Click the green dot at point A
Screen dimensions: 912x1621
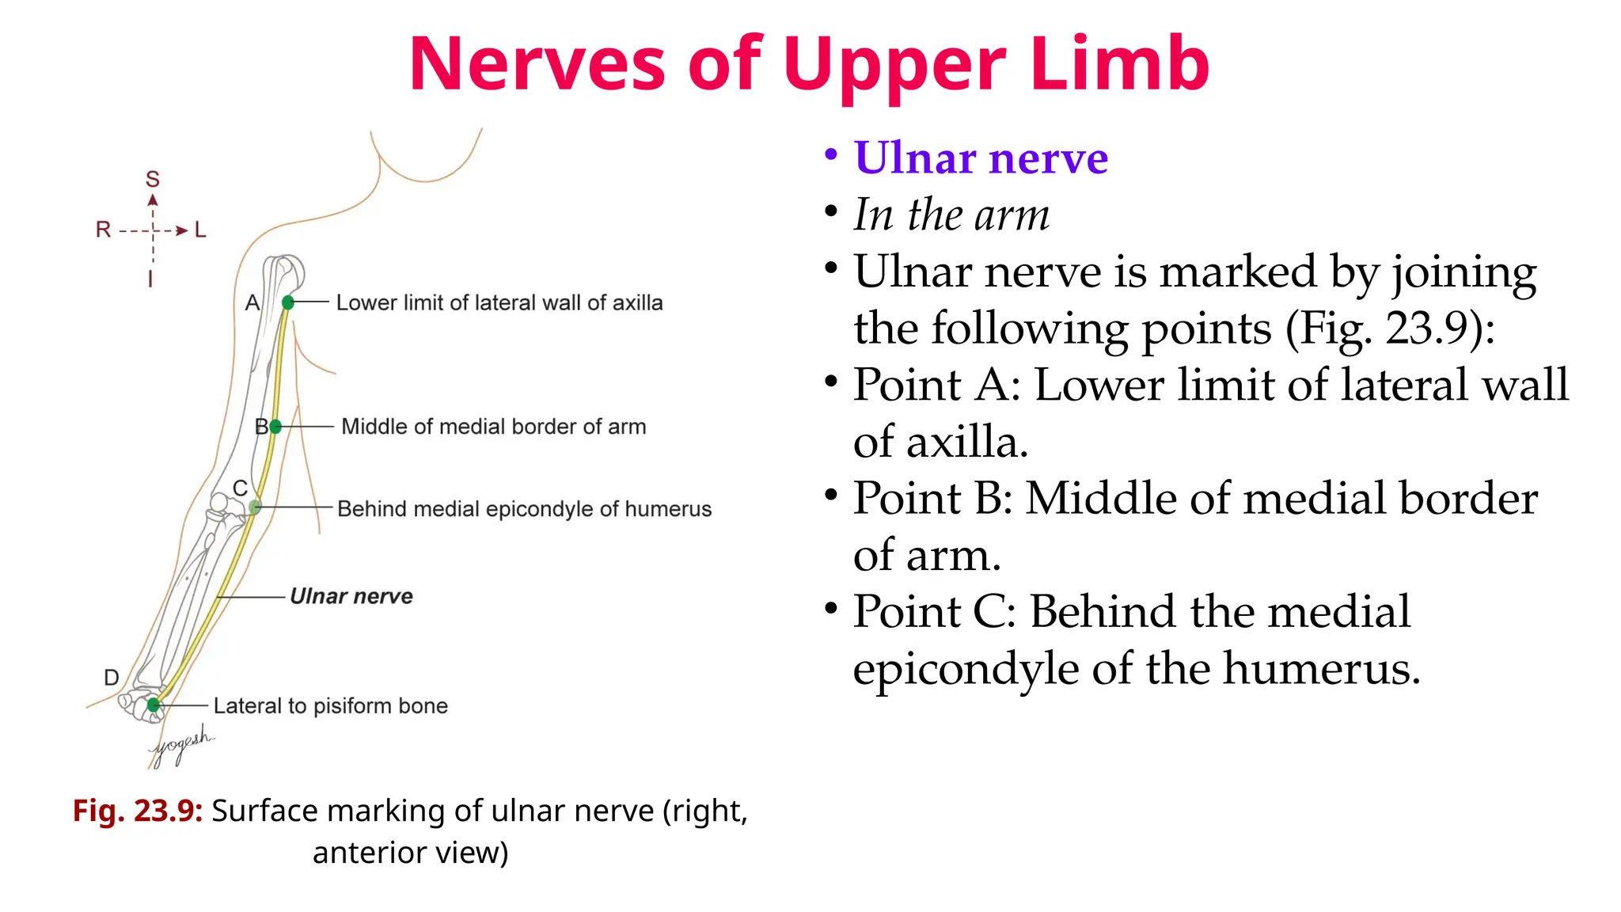(x=288, y=302)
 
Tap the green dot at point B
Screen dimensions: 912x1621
(x=275, y=427)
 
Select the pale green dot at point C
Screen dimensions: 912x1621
(x=254, y=507)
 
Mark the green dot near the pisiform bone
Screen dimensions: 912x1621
(x=154, y=705)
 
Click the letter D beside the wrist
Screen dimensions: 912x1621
(x=112, y=678)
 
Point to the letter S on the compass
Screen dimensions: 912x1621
(x=153, y=180)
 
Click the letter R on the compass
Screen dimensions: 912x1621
(x=103, y=230)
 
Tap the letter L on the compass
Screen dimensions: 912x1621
(x=200, y=230)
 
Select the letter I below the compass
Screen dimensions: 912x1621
(x=150, y=279)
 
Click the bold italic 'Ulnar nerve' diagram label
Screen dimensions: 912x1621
(x=351, y=596)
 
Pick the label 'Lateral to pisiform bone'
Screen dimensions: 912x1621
(x=331, y=705)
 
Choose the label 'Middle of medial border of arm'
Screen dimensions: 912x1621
(x=493, y=427)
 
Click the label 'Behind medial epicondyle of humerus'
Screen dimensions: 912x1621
(x=524, y=509)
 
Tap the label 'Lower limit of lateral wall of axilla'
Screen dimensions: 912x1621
(x=499, y=302)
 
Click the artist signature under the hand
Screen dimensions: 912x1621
(x=182, y=744)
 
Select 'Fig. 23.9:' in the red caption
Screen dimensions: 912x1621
(x=138, y=811)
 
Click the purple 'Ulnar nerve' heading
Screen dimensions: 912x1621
(x=981, y=158)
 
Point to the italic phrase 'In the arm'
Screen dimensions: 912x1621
(x=951, y=215)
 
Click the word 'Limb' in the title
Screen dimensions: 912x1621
(x=1119, y=65)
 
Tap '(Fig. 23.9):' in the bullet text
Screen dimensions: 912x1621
(x=1390, y=329)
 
